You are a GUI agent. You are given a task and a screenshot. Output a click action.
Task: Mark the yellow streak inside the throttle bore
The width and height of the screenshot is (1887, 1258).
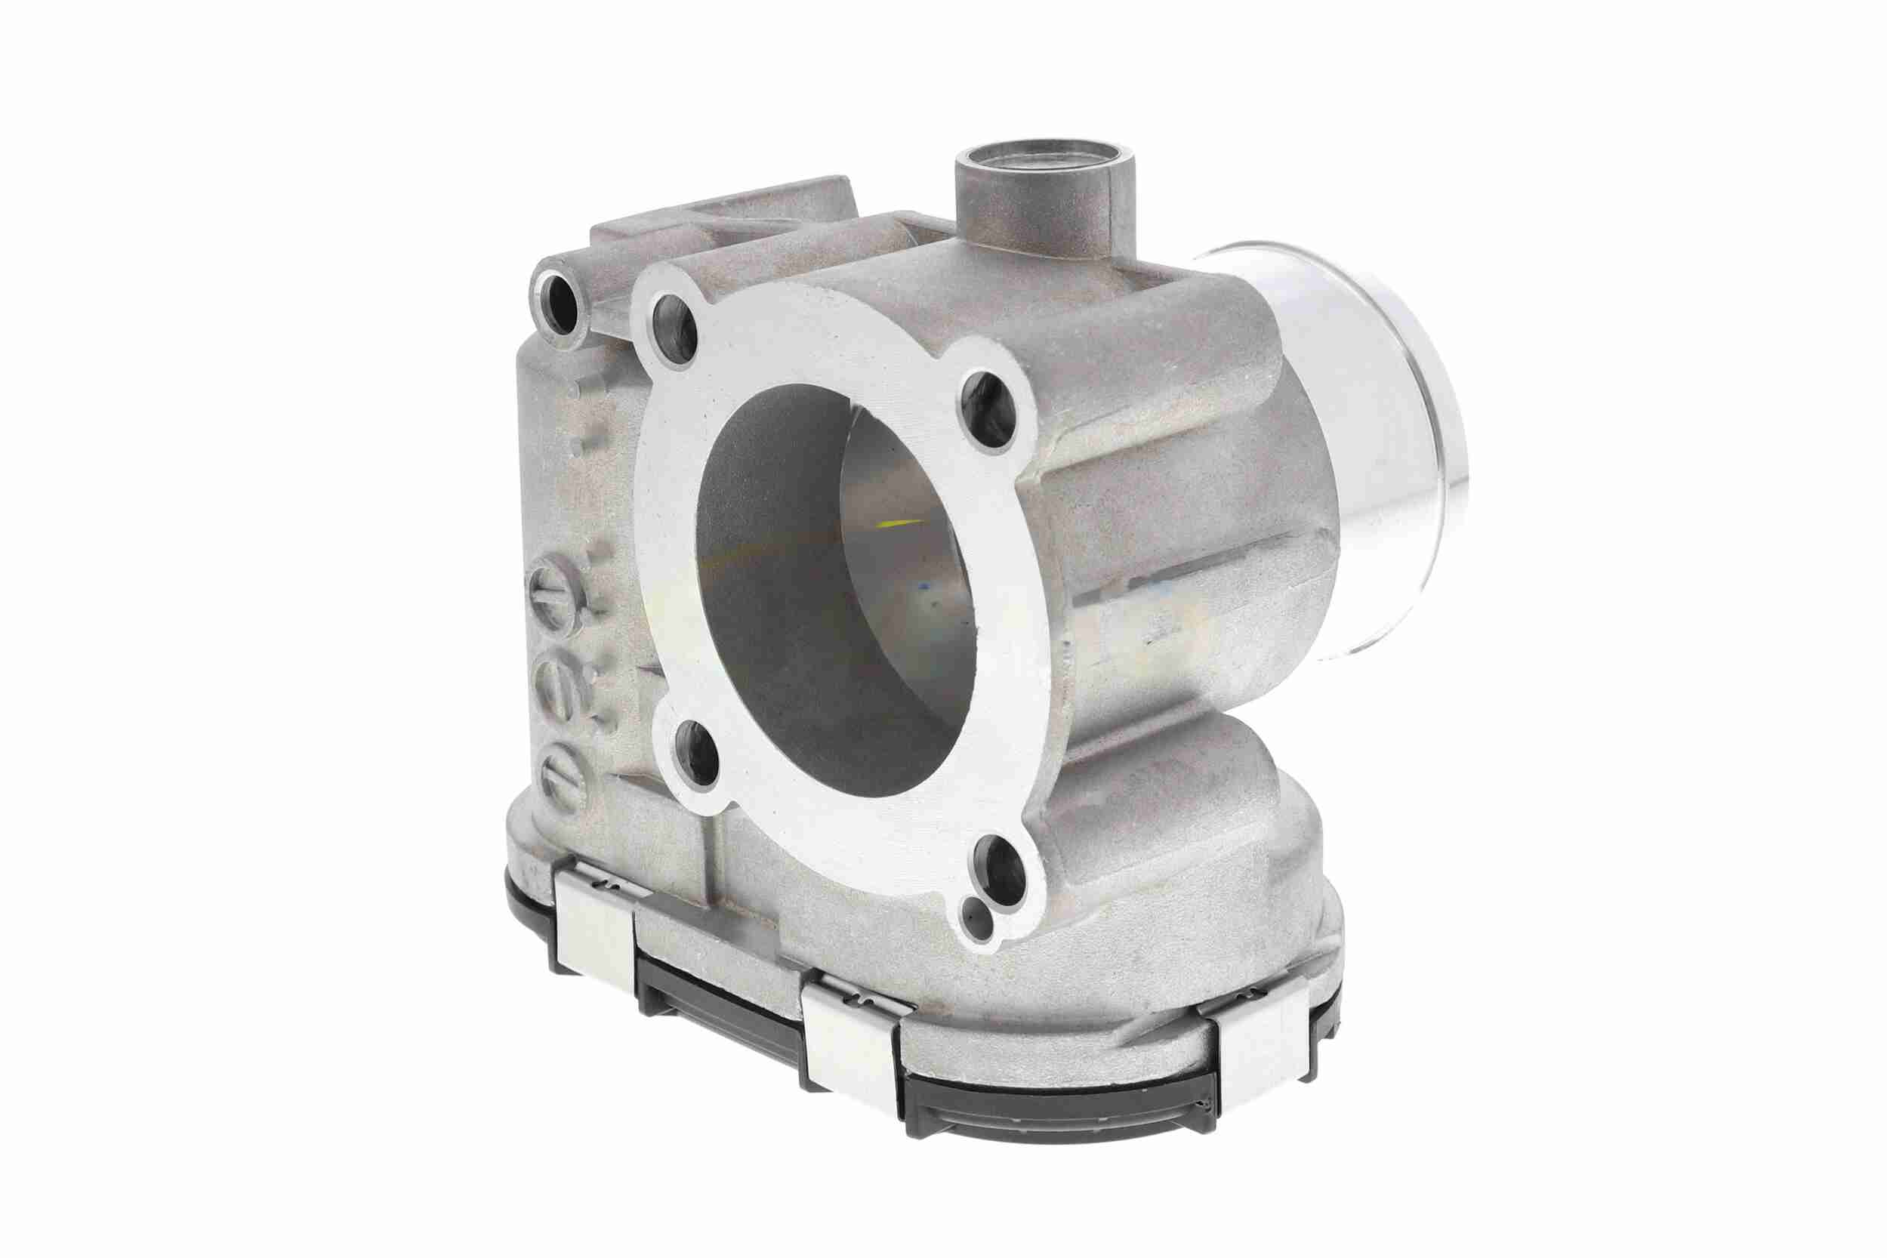(x=902, y=523)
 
